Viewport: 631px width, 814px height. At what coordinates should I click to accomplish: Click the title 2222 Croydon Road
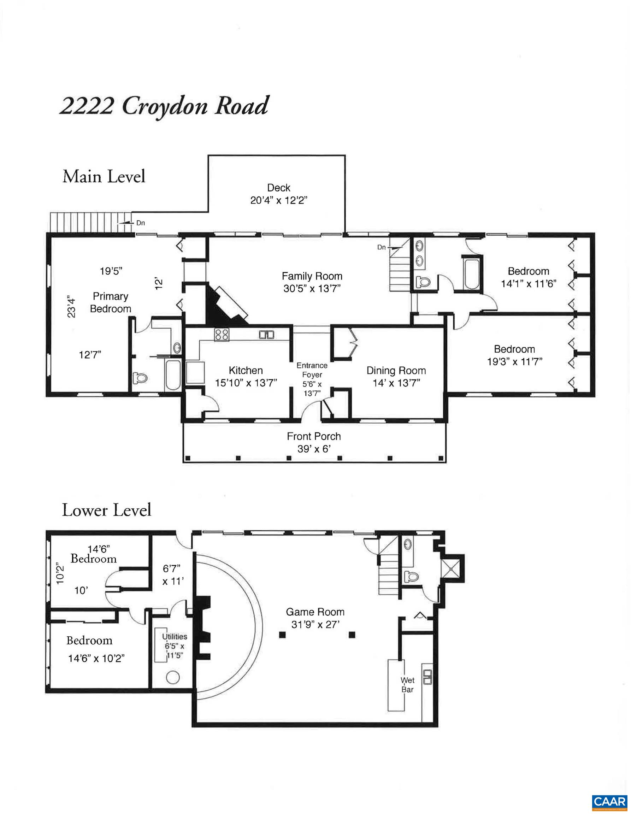(164, 107)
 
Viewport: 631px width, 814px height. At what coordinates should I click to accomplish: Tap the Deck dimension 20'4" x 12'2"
(278, 201)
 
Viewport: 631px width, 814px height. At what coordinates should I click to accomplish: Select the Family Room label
(312, 276)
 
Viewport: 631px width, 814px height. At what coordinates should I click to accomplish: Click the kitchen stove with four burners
(222, 334)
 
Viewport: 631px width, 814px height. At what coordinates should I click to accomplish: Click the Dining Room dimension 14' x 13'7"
(396, 383)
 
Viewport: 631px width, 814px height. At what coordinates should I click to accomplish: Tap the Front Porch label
(313, 436)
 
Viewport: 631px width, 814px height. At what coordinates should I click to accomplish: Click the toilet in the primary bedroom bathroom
(141, 378)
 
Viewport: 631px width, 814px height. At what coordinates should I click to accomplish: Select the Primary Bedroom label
(110, 302)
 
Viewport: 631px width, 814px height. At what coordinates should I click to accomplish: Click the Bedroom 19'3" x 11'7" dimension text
(514, 361)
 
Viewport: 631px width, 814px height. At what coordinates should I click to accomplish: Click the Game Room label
(315, 612)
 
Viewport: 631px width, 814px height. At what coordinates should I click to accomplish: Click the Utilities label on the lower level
(175, 637)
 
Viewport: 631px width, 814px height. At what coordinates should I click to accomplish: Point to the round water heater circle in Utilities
(172, 677)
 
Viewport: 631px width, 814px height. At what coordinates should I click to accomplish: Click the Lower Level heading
(107, 510)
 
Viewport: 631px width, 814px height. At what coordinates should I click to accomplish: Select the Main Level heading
(104, 176)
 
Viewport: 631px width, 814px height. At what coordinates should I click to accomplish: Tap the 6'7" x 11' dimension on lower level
(172, 575)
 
